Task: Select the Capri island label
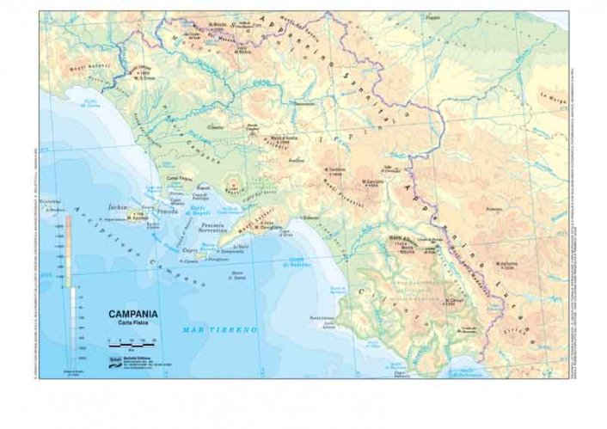pyautogui.click(x=190, y=250)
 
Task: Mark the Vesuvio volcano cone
pyautogui.click(x=232, y=184)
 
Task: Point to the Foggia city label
pyautogui.click(x=456, y=16)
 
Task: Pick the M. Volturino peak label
pyautogui.click(x=508, y=264)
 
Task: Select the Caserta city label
pyautogui.click(x=215, y=127)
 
